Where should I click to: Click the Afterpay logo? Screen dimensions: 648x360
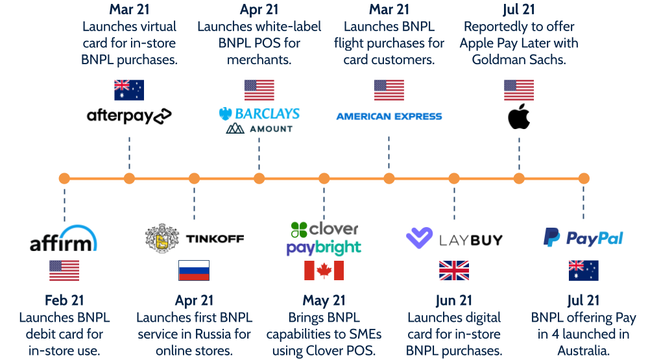coord(129,115)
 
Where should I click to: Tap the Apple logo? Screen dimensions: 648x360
coord(519,117)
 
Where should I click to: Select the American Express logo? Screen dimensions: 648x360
coord(389,117)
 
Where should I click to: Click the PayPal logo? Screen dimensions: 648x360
coord(583,237)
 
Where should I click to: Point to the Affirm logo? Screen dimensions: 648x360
coord(63,239)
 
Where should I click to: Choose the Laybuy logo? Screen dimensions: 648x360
coord(454,239)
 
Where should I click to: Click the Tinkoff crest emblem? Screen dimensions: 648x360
coord(162,239)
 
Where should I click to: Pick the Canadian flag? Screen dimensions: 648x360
coord(324,270)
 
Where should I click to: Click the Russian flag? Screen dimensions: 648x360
coord(194,270)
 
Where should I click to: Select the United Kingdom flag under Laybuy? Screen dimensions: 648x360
coord(454,270)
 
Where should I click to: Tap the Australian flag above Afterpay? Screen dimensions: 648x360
coord(129,90)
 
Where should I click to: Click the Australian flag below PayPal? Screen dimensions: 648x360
coord(583,270)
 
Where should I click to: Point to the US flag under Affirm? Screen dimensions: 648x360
coord(64,270)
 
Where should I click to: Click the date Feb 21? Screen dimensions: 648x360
coord(64,300)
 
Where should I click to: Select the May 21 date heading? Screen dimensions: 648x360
coord(324,300)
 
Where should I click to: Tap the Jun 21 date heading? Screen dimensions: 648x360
coord(454,300)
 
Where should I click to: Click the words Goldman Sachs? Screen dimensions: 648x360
coord(519,60)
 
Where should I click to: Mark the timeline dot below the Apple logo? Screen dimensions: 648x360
coord(519,178)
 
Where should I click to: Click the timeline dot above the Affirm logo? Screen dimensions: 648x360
coord(64,178)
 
